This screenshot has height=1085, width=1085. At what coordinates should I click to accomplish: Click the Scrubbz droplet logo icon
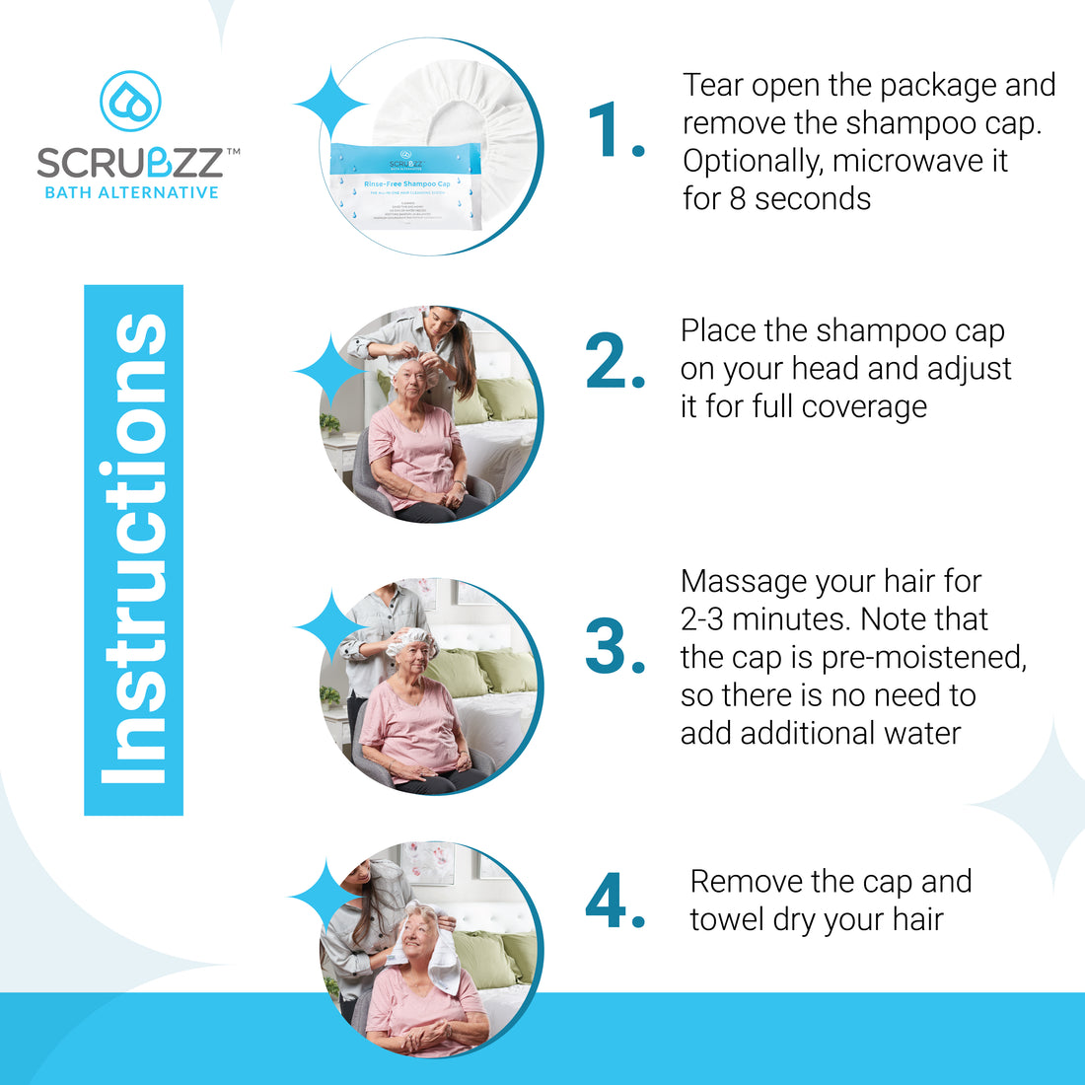tap(130, 101)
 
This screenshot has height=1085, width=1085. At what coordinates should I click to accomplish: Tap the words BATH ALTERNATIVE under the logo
tap(131, 192)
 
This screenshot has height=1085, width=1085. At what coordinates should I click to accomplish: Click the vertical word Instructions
tap(134, 549)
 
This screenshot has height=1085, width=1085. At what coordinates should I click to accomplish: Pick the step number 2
tap(614, 363)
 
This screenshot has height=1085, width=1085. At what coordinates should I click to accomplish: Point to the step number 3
tap(614, 648)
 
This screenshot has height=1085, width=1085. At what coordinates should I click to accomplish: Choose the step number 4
tap(614, 902)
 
